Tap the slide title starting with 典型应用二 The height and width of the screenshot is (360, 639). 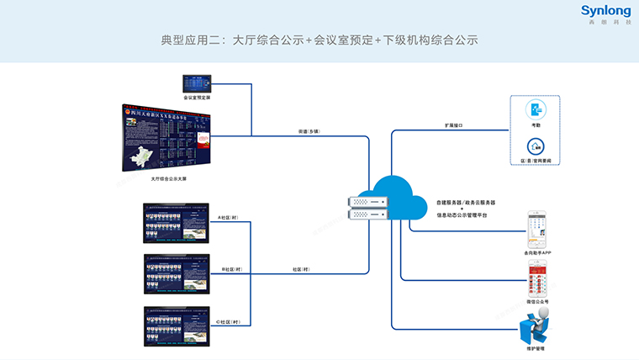(319, 40)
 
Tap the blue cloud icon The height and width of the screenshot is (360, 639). (402, 199)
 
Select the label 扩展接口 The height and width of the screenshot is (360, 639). (454, 124)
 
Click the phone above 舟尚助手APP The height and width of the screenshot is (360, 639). (536, 228)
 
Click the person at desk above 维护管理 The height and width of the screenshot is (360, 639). (536, 324)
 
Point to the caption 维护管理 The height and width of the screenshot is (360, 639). (536, 348)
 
